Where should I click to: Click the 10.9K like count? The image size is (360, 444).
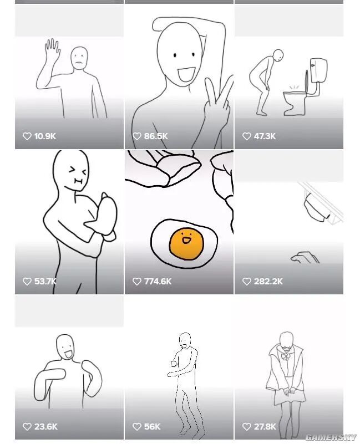click(45, 136)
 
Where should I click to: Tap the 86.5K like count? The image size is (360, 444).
click(155, 136)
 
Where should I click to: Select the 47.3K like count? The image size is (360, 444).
click(265, 136)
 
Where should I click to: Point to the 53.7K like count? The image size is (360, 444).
click(45, 282)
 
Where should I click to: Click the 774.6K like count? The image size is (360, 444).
click(158, 282)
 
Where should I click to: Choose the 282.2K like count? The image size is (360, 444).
click(268, 282)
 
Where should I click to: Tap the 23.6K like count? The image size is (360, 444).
click(45, 427)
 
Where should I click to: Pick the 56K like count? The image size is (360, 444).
click(152, 427)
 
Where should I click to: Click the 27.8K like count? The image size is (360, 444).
click(265, 427)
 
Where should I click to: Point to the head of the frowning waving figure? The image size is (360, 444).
click(79, 58)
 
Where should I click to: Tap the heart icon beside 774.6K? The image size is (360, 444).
click(137, 282)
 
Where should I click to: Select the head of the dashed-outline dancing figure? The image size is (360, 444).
click(185, 339)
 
